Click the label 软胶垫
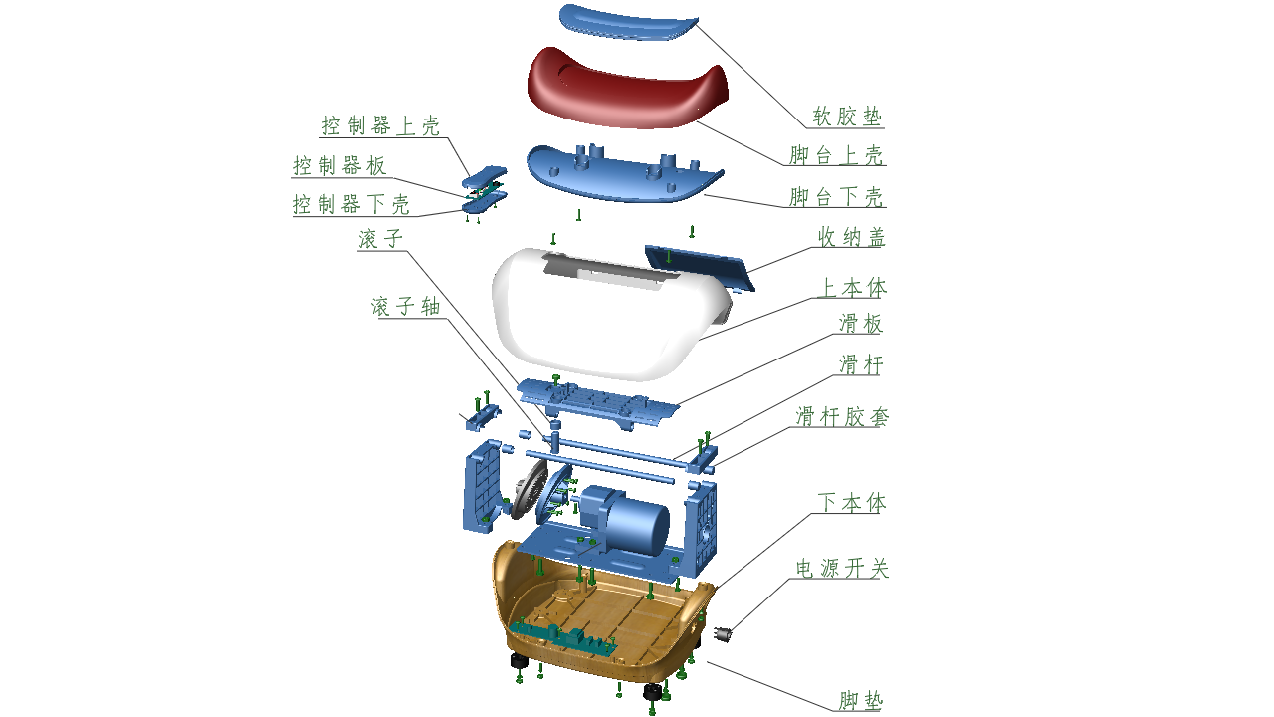(847, 117)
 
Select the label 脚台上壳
(836, 155)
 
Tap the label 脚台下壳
(836, 197)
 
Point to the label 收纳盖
(851, 237)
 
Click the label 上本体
(851, 288)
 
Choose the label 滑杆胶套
(842, 416)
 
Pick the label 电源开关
(842, 568)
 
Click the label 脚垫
(860, 701)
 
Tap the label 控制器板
(339, 166)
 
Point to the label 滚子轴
(405, 307)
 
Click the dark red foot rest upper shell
(627, 90)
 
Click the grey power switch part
(724, 632)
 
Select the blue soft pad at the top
(627, 22)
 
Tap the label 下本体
(851, 503)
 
